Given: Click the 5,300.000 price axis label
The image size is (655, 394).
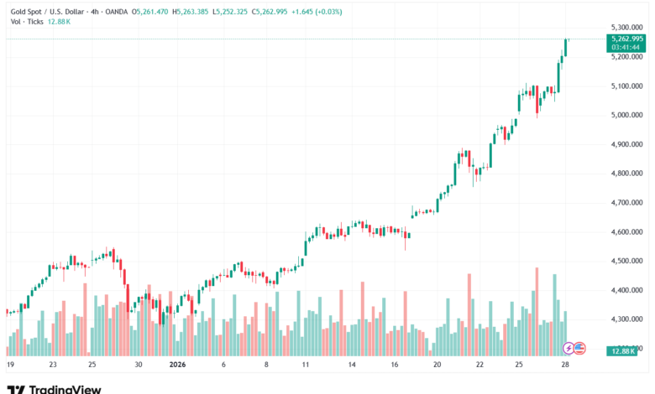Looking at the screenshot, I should point(627,28).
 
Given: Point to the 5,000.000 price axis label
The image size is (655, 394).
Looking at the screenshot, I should point(627,115).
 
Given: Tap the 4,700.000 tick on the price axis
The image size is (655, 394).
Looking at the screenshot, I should point(627,202).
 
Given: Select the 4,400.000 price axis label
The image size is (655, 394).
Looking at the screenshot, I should point(627,290).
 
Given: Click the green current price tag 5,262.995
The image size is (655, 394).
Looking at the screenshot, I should point(627,39).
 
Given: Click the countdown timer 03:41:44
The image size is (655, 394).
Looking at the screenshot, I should point(626,49).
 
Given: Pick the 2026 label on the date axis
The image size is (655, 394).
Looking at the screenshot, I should point(176,365).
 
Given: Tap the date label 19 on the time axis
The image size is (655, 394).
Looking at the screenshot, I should point(10,365).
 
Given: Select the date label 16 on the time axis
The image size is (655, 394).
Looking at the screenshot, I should point(394,365).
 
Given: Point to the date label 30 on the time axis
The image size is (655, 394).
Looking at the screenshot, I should point(139,365).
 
